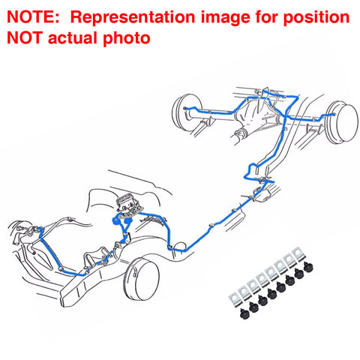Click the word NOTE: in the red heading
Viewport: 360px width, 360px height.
[x=33, y=17]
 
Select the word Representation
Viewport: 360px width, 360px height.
[x=133, y=17]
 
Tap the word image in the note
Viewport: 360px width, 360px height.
[x=226, y=18]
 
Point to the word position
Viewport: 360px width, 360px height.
[x=316, y=18]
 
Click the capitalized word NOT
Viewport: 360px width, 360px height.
[x=25, y=37]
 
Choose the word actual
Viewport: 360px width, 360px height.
[x=73, y=37]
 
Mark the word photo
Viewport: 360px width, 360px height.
[x=127, y=39]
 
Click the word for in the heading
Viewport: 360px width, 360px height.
[x=266, y=17]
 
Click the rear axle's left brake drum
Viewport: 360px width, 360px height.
[x=186, y=112]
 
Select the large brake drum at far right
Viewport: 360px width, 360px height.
[x=343, y=122]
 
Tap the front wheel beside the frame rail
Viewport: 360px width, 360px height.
[x=142, y=280]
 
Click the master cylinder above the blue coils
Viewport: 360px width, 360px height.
[x=128, y=203]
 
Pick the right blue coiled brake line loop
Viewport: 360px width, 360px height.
[x=128, y=221]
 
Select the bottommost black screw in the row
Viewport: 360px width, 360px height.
[x=244, y=313]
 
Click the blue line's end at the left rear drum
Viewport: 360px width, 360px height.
[x=185, y=108]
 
